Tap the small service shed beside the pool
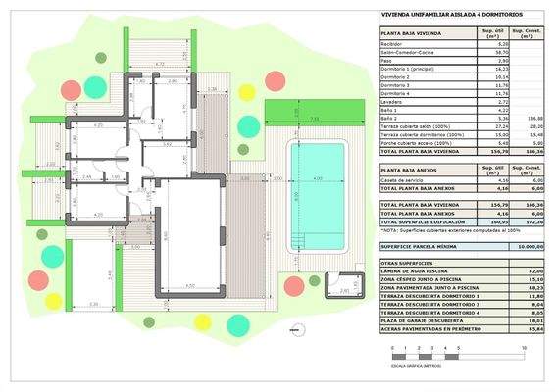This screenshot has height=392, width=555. tap(343, 283)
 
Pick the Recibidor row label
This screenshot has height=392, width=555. tap(394, 44)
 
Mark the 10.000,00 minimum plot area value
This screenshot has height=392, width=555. tap(524, 247)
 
